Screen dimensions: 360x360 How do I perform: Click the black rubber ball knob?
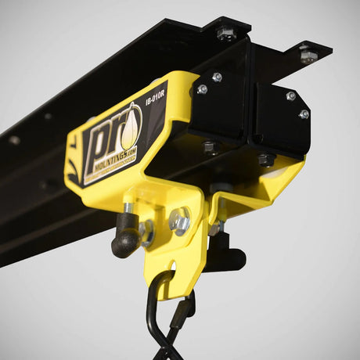pos(124,240)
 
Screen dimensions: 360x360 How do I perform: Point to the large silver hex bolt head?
pos(179,221)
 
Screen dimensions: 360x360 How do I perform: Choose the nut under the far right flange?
pos(308,56)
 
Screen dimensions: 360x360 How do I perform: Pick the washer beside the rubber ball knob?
pos(146,232)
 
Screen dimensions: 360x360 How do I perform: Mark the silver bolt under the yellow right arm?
pos(217,228)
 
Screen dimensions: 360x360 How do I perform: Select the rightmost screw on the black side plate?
pos(304,114)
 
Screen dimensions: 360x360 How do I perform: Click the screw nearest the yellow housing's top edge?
pos(217,77)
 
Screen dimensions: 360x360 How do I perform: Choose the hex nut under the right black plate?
pos(266,159)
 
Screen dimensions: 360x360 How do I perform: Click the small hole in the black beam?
pos(14,140)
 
